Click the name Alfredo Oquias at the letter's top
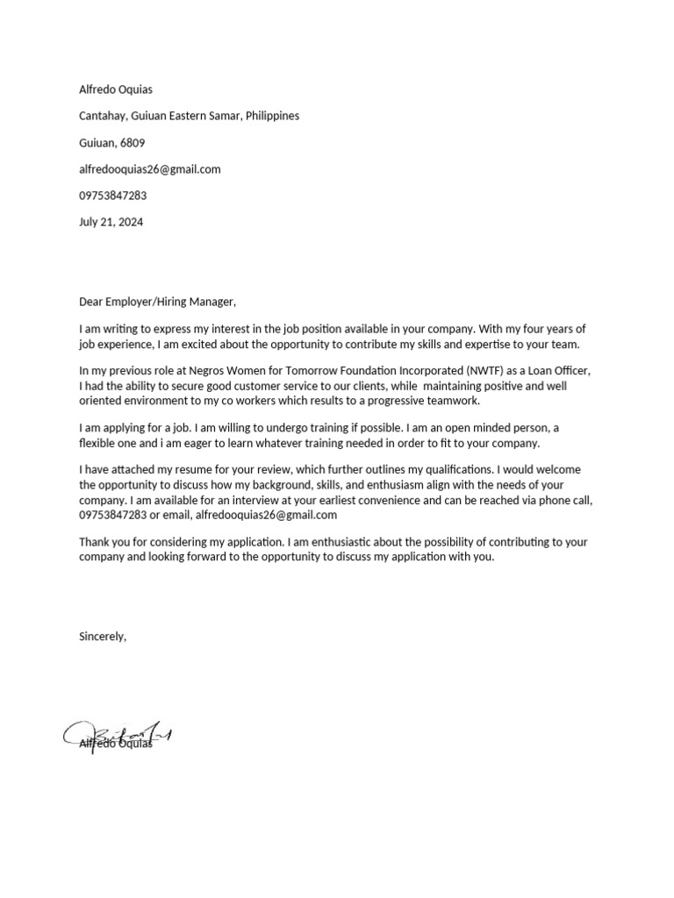tap(116, 89)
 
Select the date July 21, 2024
tap(111, 222)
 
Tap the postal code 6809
tap(133, 142)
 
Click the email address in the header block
tap(149, 169)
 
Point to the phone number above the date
tap(112, 196)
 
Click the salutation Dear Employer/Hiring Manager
tap(158, 302)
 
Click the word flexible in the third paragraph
tap(98, 443)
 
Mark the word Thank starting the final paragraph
tap(94, 542)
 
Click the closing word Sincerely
tap(103, 637)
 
